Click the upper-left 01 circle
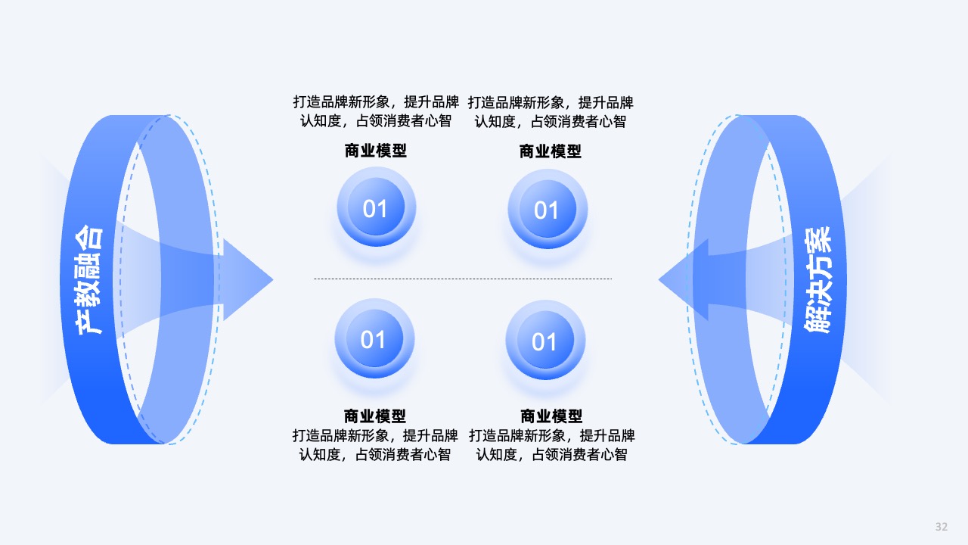[377, 207]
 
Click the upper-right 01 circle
[548, 209]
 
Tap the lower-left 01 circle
[374, 338]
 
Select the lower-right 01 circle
[545, 341]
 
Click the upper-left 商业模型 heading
[376, 151]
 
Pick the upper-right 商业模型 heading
[550, 151]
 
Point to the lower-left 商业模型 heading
[374, 416]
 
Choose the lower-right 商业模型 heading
[551, 416]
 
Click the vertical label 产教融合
[89, 280]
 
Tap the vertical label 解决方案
[818, 280]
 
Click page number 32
[942, 526]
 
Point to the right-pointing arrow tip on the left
[273, 280]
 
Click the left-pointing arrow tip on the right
[659, 280]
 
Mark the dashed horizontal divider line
[463, 279]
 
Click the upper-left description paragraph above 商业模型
[376, 111]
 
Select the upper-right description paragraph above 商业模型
[551, 112]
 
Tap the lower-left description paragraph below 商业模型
[375, 444]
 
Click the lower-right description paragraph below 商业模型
[552, 444]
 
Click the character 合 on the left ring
[89, 238]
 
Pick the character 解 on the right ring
[818, 321]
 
